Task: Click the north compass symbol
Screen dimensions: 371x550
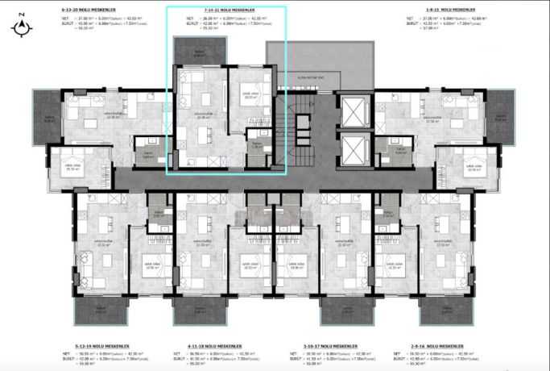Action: tap(23, 28)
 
